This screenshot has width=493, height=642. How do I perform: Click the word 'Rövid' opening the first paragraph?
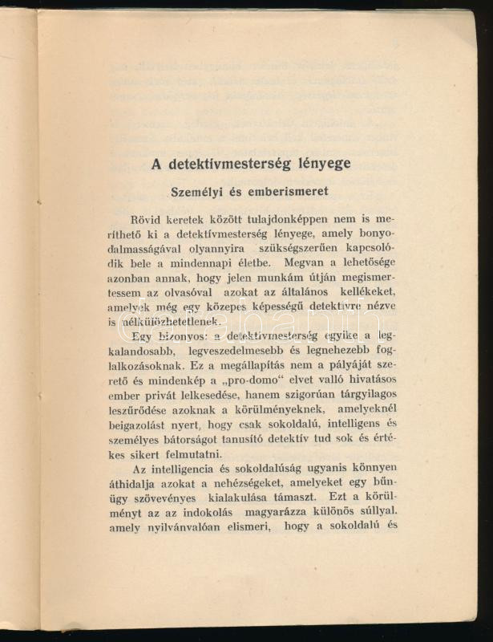[147, 218]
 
